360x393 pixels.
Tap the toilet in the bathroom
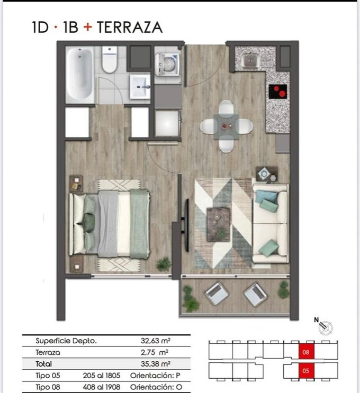tap(110, 60)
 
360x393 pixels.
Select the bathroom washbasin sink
tap(140, 87)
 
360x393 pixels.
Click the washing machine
tap(167, 65)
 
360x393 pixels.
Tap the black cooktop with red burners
tap(278, 92)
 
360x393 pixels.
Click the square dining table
tap(226, 126)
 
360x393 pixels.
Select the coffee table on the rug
tap(218, 224)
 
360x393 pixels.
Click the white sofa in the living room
tap(270, 224)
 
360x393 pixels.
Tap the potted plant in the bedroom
tap(164, 264)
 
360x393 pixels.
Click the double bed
tap(110, 224)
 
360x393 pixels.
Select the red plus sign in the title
tap(88, 27)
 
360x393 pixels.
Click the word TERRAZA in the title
tap(130, 27)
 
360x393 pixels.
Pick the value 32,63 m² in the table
tap(156, 341)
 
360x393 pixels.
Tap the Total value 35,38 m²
tap(156, 364)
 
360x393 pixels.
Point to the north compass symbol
tap(324, 326)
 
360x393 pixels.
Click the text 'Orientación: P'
tap(155, 376)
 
